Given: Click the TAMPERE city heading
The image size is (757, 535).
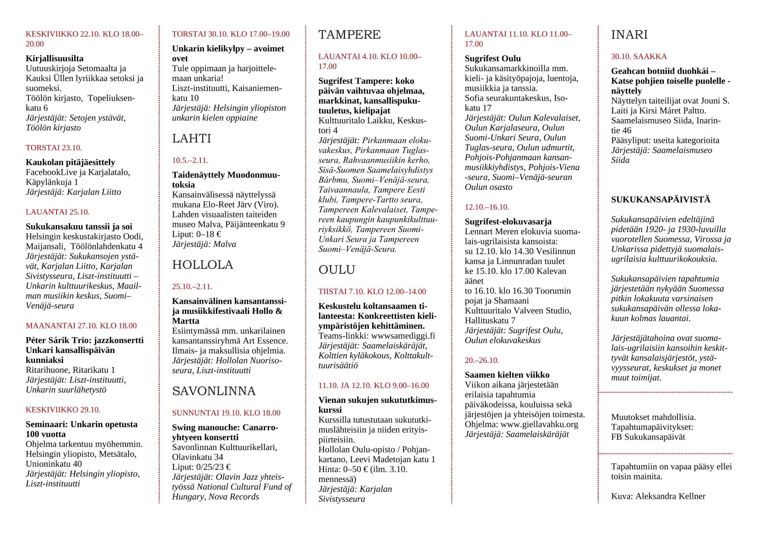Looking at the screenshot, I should (349, 35).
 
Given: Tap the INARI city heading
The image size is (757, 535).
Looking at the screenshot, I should (629, 35).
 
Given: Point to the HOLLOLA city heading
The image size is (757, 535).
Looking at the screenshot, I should (203, 265).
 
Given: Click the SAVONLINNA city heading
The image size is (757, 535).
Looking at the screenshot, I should (214, 391).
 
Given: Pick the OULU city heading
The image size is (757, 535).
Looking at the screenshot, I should (336, 270).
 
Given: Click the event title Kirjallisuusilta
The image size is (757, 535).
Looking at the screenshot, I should (54, 58).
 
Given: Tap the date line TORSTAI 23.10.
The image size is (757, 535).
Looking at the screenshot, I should (54, 148).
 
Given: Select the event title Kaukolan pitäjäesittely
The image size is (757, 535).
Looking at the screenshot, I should (70, 162).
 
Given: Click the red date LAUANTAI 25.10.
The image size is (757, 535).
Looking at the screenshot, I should (57, 212).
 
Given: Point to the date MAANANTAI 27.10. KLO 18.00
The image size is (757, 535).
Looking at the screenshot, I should (81, 326).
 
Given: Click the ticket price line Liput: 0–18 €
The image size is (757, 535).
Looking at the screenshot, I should (196, 234).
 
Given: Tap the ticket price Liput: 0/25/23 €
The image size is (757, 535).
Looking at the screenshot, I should (201, 467).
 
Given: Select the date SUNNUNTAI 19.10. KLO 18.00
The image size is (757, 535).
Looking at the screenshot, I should (226, 413).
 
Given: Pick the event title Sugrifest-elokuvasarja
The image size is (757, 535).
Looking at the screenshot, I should (508, 222).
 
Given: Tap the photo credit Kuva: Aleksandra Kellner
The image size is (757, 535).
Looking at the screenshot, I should (658, 496).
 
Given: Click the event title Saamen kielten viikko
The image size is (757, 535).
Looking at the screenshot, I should (507, 375).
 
